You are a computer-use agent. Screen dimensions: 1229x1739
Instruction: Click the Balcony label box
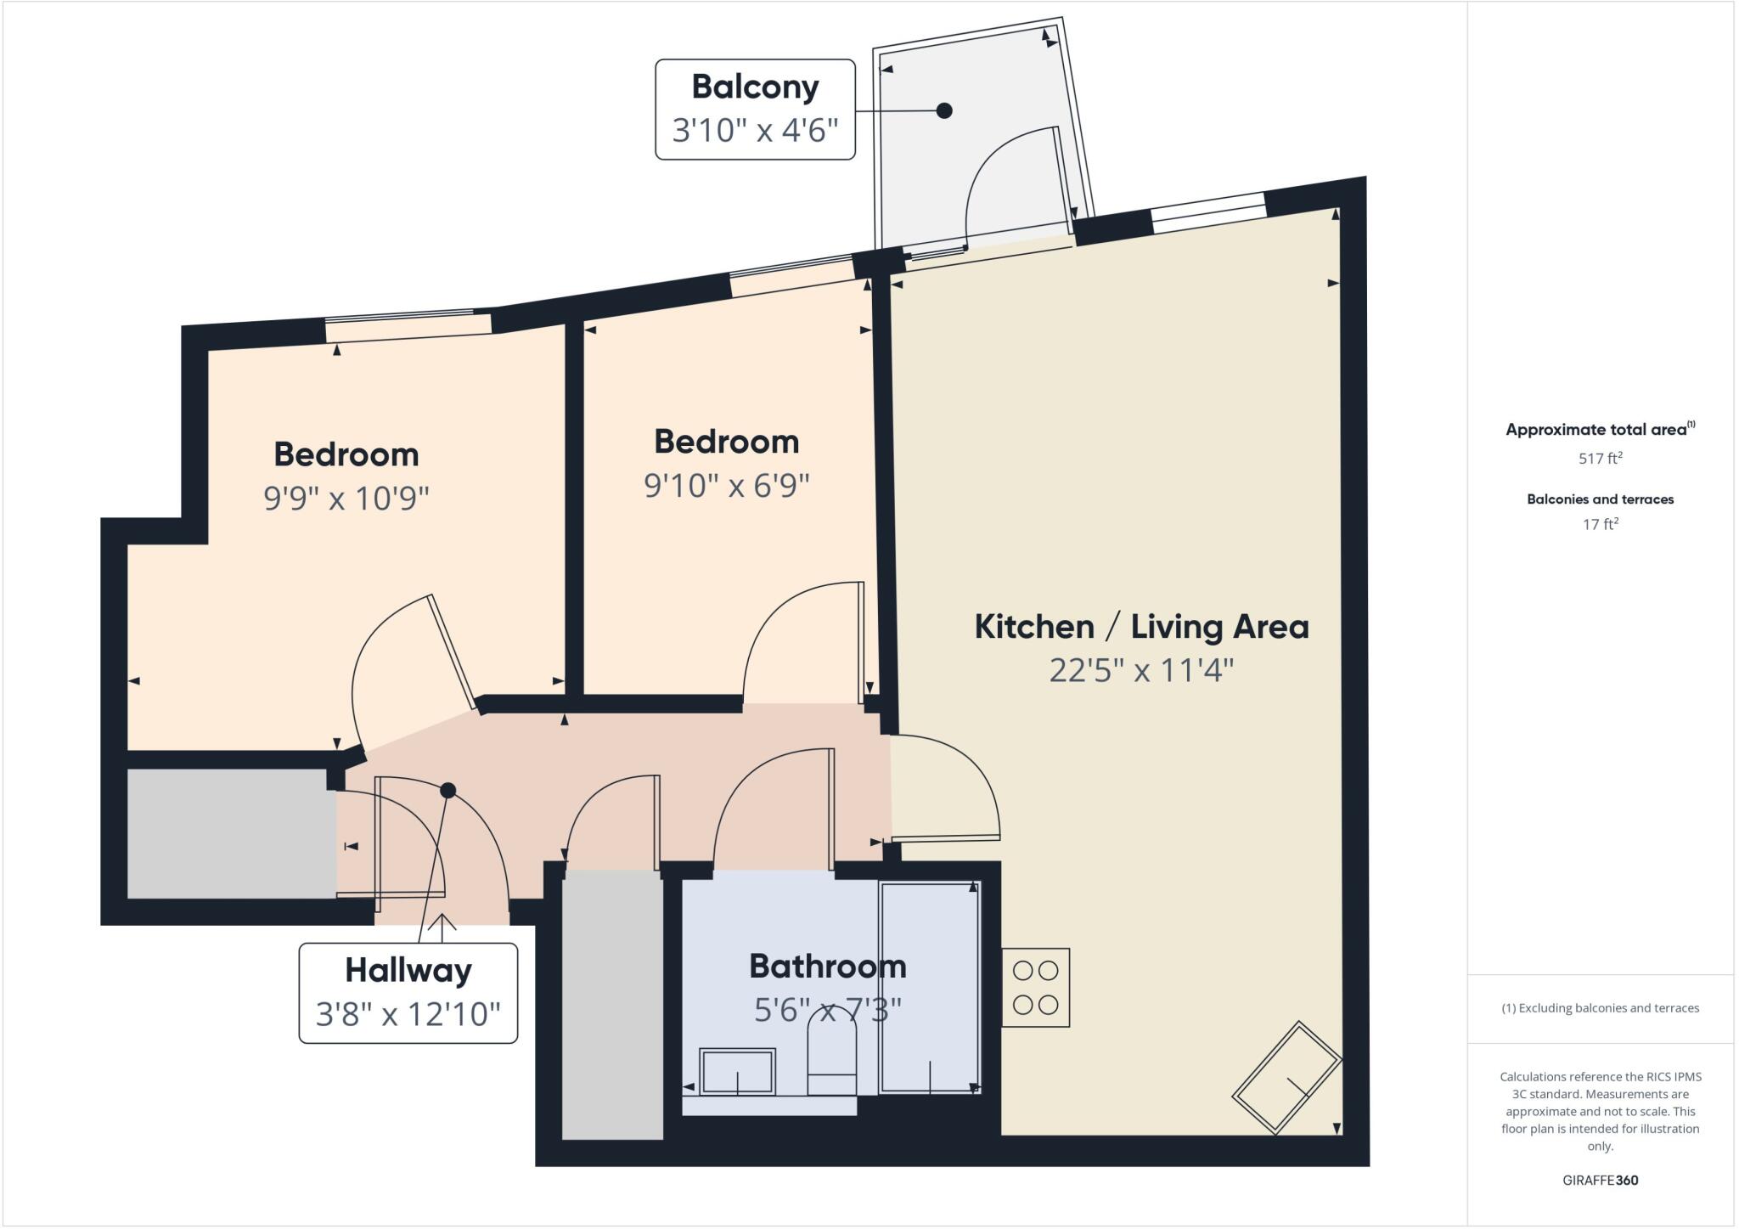[755, 109]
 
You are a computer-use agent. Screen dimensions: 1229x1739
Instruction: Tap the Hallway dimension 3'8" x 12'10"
[408, 1013]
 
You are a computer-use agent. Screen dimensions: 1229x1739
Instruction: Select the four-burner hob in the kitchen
[1035, 987]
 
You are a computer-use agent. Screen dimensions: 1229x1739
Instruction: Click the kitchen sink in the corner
[1286, 1078]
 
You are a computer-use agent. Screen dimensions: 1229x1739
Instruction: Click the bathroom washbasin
[737, 1072]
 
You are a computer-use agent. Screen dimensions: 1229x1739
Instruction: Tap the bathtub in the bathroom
[930, 987]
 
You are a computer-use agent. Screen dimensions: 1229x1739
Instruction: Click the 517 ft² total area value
[1600, 459]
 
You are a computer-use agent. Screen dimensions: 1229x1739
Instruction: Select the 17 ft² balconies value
[1600, 525]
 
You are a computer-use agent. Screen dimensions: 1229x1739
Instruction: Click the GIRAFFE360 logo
[1600, 1181]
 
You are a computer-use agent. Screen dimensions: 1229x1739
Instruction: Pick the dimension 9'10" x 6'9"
[726, 486]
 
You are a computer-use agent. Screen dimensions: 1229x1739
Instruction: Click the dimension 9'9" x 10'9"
[346, 498]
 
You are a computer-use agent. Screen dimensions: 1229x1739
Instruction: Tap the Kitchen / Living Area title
[1141, 627]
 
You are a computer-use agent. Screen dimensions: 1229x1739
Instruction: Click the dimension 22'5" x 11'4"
[1141, 671]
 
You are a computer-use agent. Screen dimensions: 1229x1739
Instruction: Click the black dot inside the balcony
[944, 110]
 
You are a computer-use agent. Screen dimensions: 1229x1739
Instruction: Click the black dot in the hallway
[448, 791]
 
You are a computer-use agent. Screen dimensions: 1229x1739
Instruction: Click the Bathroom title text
[827, 967]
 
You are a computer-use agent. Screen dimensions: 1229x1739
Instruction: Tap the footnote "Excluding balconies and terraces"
[1600, 1008]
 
